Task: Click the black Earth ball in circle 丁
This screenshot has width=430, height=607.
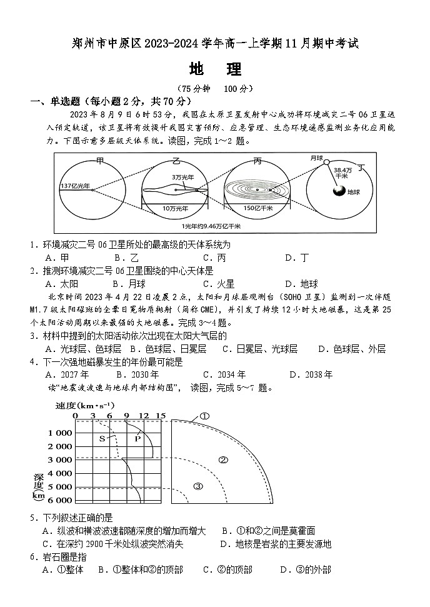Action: [x=339, y=192]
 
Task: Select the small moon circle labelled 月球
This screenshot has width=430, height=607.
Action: [x=326, y=162]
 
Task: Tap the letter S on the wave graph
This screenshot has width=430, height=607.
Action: [x=102, y=439]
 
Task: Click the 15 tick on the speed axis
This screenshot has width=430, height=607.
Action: [x=161, y=416]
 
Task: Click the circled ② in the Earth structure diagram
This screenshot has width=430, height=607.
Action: [x=222, y=460]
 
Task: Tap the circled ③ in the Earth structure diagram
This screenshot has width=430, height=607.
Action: [x=198, y=486]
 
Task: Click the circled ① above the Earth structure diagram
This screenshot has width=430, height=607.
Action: [x=204, y=416]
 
